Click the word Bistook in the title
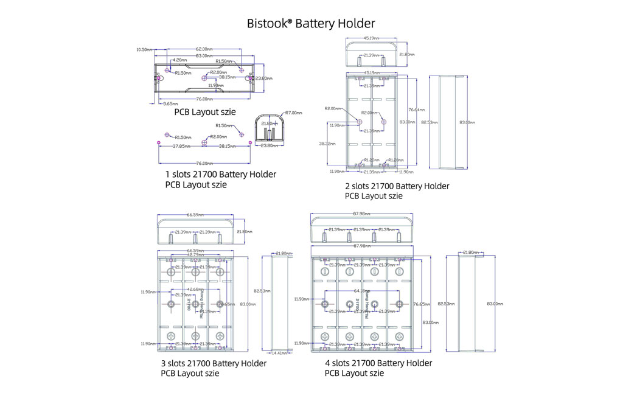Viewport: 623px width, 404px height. tap(266, 24)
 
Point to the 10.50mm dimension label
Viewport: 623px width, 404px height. tap(144, 49)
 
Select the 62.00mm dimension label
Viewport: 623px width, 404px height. tap(204, 49)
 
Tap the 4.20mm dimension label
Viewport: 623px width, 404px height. tap(179, 60)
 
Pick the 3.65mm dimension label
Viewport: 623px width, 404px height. tap(162, 104)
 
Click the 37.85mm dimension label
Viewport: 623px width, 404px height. tap(179, 146)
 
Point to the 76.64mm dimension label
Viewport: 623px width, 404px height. tap(416, 110)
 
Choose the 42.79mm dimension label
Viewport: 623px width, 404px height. tap(195, 255)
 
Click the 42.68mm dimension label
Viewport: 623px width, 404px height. tap(195, 289)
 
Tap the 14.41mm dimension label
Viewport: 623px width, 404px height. tap(279, 353)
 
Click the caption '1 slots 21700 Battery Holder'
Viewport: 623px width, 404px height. tap(221, 175)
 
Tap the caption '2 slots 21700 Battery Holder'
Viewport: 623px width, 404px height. tap(397, 186)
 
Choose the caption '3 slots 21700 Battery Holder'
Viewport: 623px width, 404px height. tap(214, 363)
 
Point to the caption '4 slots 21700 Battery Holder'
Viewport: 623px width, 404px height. tap(378, 363)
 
